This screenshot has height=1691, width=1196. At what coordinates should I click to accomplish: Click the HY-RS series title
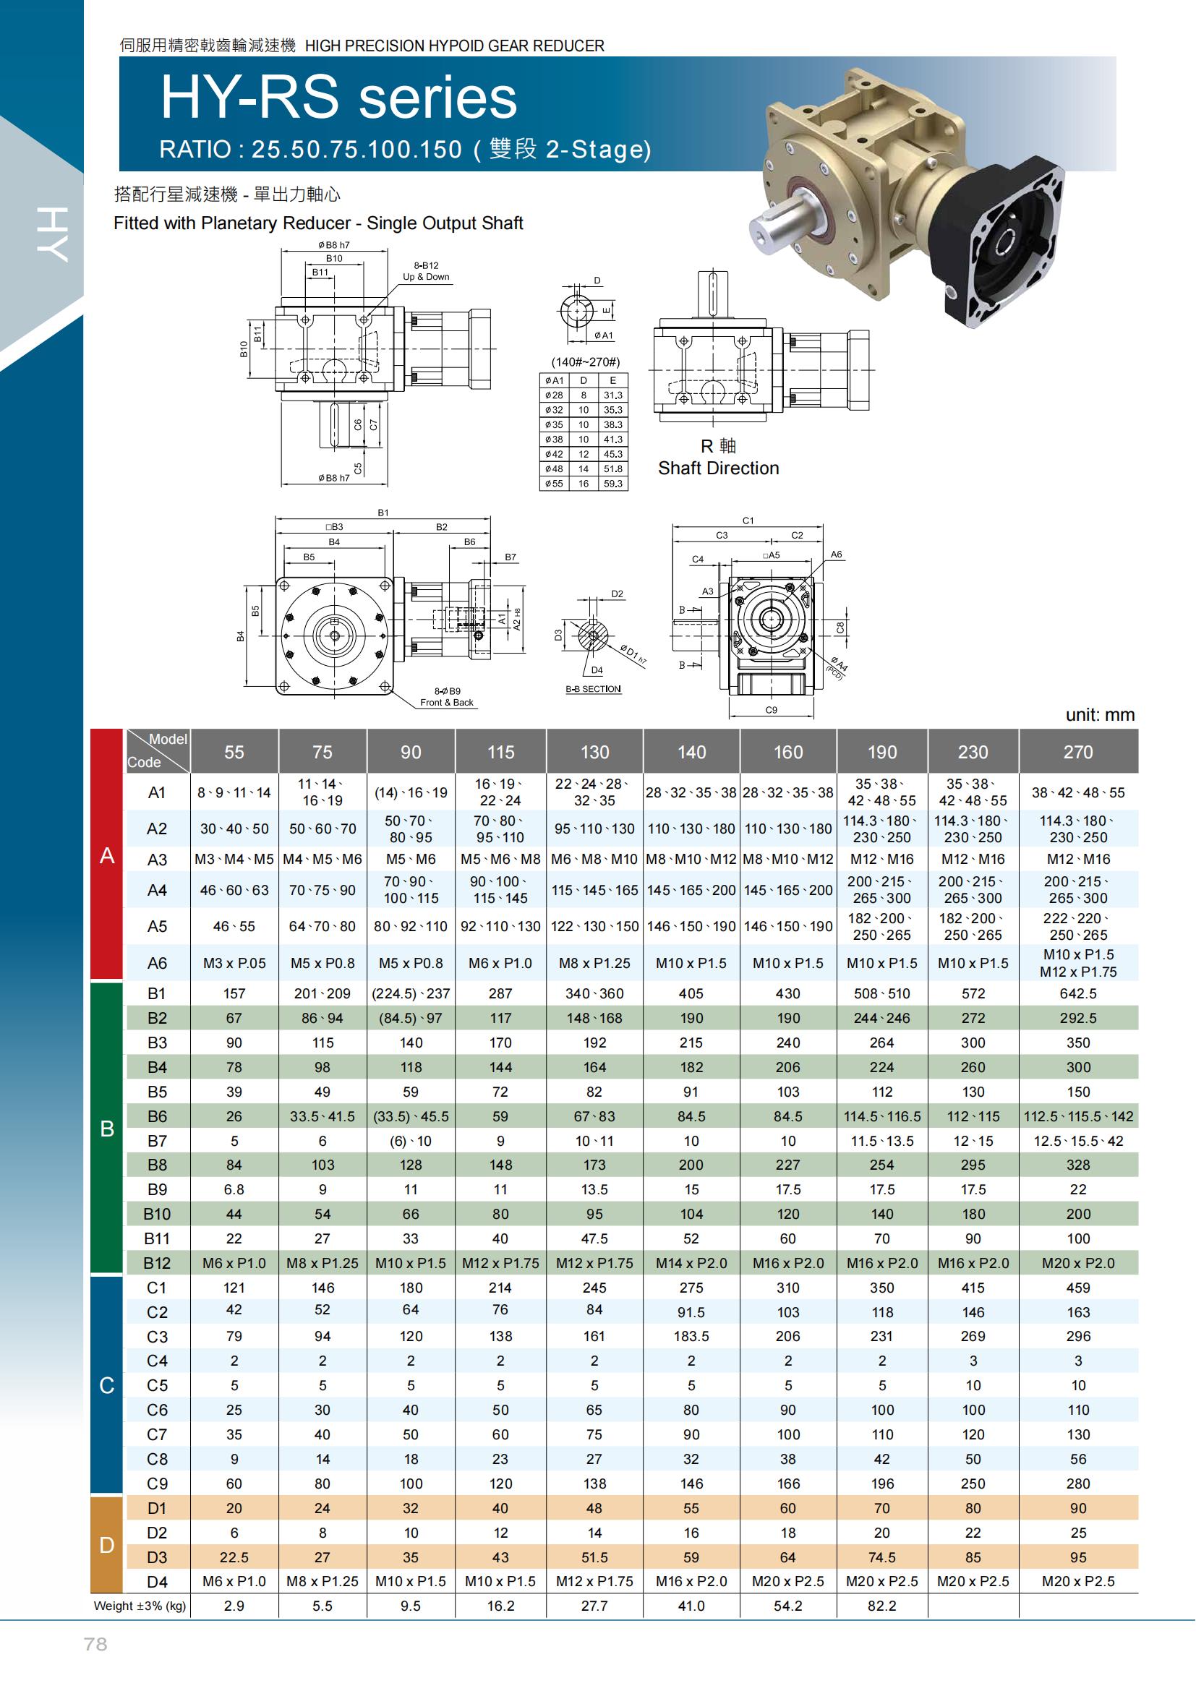[x=338, y=98]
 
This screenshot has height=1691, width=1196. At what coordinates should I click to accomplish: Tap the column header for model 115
[x=500, y=752]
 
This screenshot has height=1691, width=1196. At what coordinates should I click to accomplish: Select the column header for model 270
[x=1078, y=752]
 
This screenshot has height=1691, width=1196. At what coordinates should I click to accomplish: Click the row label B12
[x=157, y=1263]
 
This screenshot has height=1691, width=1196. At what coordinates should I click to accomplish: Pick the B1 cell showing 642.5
[x=1078, y=993]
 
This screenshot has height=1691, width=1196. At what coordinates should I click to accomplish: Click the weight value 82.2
[x=881, y=1606]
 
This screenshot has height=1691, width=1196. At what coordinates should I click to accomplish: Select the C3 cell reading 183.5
[x=691, y=1336]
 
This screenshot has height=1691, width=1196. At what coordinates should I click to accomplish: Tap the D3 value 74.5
[x=881, y=1557]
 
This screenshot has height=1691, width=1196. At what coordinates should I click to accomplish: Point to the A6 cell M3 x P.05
[x=234, y=963]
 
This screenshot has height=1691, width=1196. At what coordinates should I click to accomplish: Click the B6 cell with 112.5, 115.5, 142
[x=1078, y=1116]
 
